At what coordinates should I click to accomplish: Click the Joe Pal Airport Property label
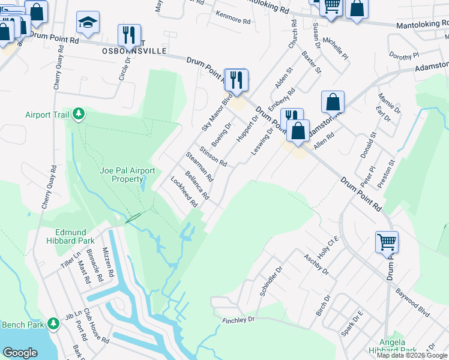pos(127,175)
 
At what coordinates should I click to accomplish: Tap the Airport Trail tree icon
pos(78,114)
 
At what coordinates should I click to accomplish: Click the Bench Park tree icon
pos(53,324)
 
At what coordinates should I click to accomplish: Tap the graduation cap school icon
pos(88,23)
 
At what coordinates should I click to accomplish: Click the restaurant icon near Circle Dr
pos(129,35)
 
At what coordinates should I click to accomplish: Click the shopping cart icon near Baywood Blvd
pos(387,242)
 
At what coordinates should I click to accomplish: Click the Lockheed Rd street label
pos(184,191)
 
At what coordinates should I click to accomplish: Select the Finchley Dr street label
pos(238,320)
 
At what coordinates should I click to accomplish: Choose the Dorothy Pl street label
pos(403,56)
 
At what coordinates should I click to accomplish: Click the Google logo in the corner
pos(20,353)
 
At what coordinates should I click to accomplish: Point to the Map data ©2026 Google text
pos(412,355)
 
